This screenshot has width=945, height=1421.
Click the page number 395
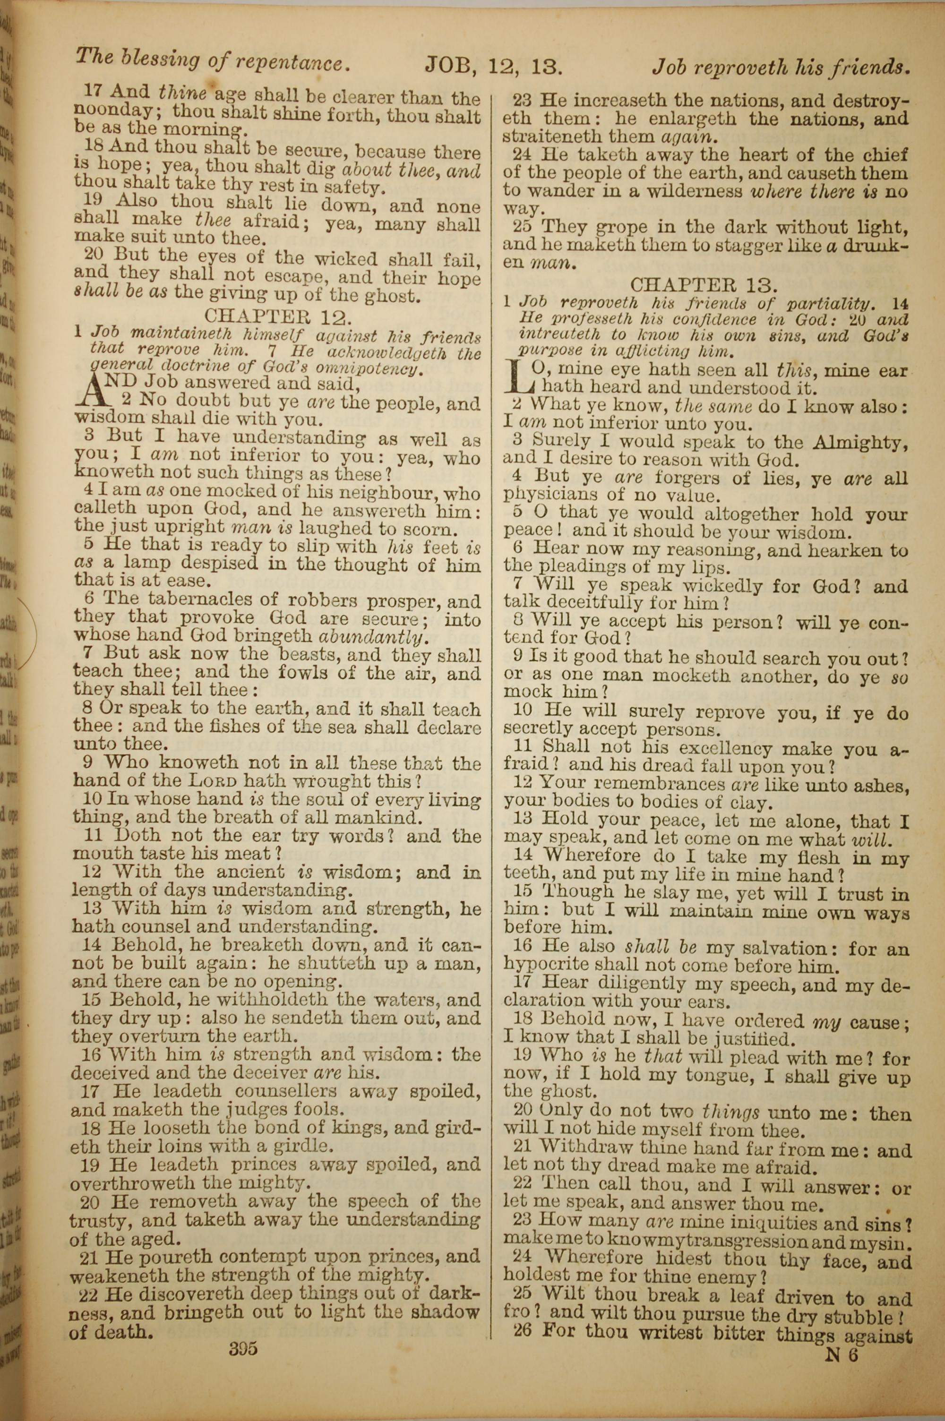pos(243,1347)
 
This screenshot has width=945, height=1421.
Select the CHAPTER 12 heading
pos(278,315)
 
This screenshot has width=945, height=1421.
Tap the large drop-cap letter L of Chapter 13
pos(519,375)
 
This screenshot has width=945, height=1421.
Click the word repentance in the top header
pos(291,63)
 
